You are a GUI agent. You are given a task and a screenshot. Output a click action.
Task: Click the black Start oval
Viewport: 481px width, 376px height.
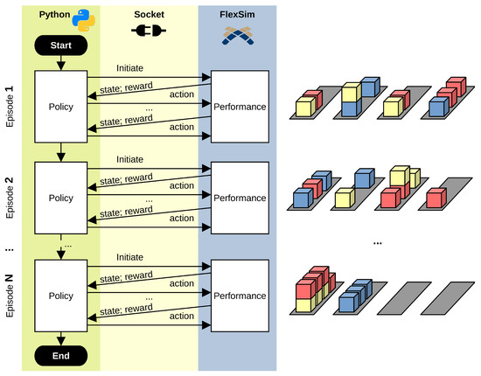(59, 44)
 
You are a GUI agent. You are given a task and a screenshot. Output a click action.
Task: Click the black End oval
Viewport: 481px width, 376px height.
(59, 355)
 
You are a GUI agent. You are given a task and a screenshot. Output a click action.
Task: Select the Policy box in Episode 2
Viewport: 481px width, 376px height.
(59, 198)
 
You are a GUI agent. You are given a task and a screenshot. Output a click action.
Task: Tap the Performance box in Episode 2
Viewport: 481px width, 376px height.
(240, 198)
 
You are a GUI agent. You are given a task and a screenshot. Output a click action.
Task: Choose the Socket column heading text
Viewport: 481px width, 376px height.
(147, 14)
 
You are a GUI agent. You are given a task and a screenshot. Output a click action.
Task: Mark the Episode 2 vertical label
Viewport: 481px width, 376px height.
(10, 198)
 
